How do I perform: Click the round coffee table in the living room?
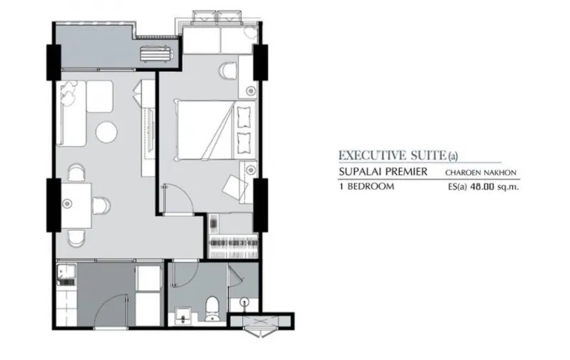pos(106,132)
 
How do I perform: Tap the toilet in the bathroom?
pos(212,309)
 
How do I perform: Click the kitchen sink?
pos(66,275)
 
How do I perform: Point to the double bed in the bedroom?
pos(214,130)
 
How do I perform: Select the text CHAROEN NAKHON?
pos(480,173)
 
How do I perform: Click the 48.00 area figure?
pos(482,187)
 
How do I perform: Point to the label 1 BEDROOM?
pos(367,187)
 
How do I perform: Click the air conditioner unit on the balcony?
pos(157,53)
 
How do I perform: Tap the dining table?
pos(76,205)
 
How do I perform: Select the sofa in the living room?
pos(71,113)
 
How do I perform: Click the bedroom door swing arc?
pos(187,194)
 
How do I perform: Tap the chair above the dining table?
pos(76,172)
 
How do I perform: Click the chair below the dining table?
pos(77,237)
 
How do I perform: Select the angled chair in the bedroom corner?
pos(235,187)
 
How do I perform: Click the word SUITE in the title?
pos(429,155)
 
